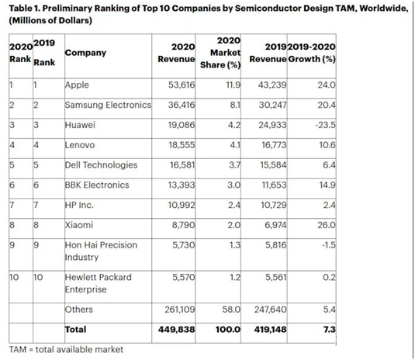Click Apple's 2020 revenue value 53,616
click(182, 85)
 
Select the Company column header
click(85, 53)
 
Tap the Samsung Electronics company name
click(108, 105)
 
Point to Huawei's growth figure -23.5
click(326, 125)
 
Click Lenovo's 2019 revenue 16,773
click(274, 145)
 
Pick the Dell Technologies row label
click(101, 165)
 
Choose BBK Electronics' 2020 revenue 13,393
click(182, 185)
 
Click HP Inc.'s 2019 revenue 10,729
click(274, 205)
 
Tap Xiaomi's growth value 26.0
click(327, 225)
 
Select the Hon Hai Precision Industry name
click(101, 251)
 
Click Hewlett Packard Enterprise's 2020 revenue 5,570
click(184, 278)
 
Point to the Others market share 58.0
click(231, 310)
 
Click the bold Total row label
click(76, 330)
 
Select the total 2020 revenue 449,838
click(177, 330)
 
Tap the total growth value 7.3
click(330, 330)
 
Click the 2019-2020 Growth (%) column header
click(312, 53)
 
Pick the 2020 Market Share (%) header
click(220, 53)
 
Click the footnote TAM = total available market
click(66, 350)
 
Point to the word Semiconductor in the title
click(268, 9)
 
